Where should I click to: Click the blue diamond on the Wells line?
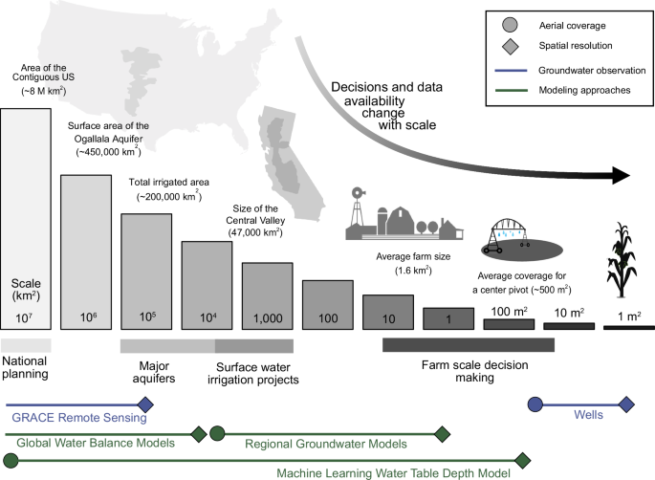click(626, 405)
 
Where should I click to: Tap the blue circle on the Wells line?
click(536, 405)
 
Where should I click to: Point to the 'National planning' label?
click(27, 369)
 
